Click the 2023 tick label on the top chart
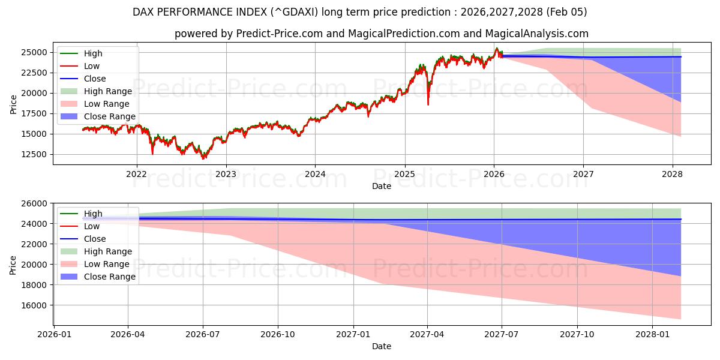(226, 175)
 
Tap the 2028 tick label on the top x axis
(673, 175)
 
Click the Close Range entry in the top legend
(109, 116)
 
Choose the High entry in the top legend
(93, 53)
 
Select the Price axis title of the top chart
(13, 103)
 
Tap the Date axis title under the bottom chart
(382, 346)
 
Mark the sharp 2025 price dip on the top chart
(428, 104)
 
